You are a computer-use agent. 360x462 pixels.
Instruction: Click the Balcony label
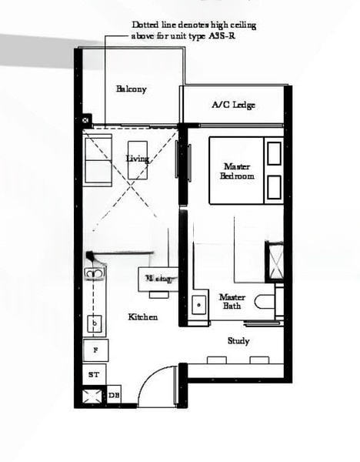click(x=132, y=89)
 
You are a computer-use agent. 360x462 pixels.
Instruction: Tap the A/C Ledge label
click(x=233, y=105)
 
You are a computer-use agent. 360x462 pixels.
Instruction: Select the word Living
click(x=137, y=159)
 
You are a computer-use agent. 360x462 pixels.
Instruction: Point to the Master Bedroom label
click(x=237, y=171)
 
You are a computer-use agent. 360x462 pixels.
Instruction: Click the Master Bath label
click(x=232, y=301)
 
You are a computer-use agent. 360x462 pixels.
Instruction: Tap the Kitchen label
click(x=143, y=316)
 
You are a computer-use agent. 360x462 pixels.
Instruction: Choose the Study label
click(x=238, y=341)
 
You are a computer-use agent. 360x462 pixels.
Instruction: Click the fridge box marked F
click(x=95, y=350)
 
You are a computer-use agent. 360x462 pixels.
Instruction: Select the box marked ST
click(x=94, y=374)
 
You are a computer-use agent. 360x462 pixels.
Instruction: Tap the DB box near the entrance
click(x=114, y=395)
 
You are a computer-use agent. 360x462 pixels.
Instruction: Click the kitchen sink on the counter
click(x=95, y=273)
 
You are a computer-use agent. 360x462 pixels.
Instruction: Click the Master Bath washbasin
click(x=199, y=304)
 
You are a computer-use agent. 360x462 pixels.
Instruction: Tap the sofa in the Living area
click(x=98, y=160)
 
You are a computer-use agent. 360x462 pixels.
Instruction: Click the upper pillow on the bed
click(x=274, y=153)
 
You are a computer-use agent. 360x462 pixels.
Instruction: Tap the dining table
click(x=158, y=277)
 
